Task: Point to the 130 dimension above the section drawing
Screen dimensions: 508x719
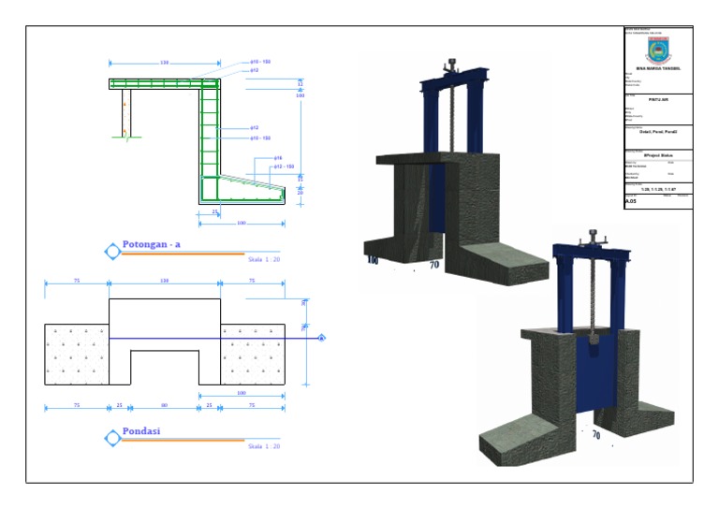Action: tap(165, 63)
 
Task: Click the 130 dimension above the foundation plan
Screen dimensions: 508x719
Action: tap(165, 280)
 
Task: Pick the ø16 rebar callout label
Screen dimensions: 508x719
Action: tap(278, 158)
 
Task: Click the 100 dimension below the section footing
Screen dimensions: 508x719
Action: tap(242, 224)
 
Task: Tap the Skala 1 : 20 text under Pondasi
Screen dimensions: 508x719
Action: tap(263, 446)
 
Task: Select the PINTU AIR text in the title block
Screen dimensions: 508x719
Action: tap(658, 98)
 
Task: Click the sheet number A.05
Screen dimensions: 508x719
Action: tap(630, 201)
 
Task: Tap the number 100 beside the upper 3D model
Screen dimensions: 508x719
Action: tap(372, 259)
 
